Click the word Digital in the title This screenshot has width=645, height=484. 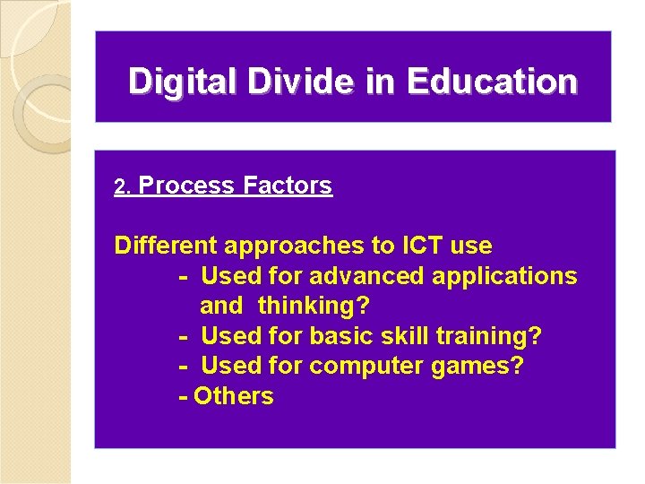click(184, 82)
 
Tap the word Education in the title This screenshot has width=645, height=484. click(492, 82)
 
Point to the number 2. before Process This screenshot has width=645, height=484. click(124, 187)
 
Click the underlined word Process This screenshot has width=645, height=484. click(187, 186)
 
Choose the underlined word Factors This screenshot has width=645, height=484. click(288, 186)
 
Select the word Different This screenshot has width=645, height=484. click(166, 246)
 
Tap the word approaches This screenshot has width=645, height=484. click(291, 246)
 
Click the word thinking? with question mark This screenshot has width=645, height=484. click(314, 307)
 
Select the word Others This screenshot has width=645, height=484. click(234, 396)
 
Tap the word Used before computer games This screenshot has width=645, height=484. click(228, 367)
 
